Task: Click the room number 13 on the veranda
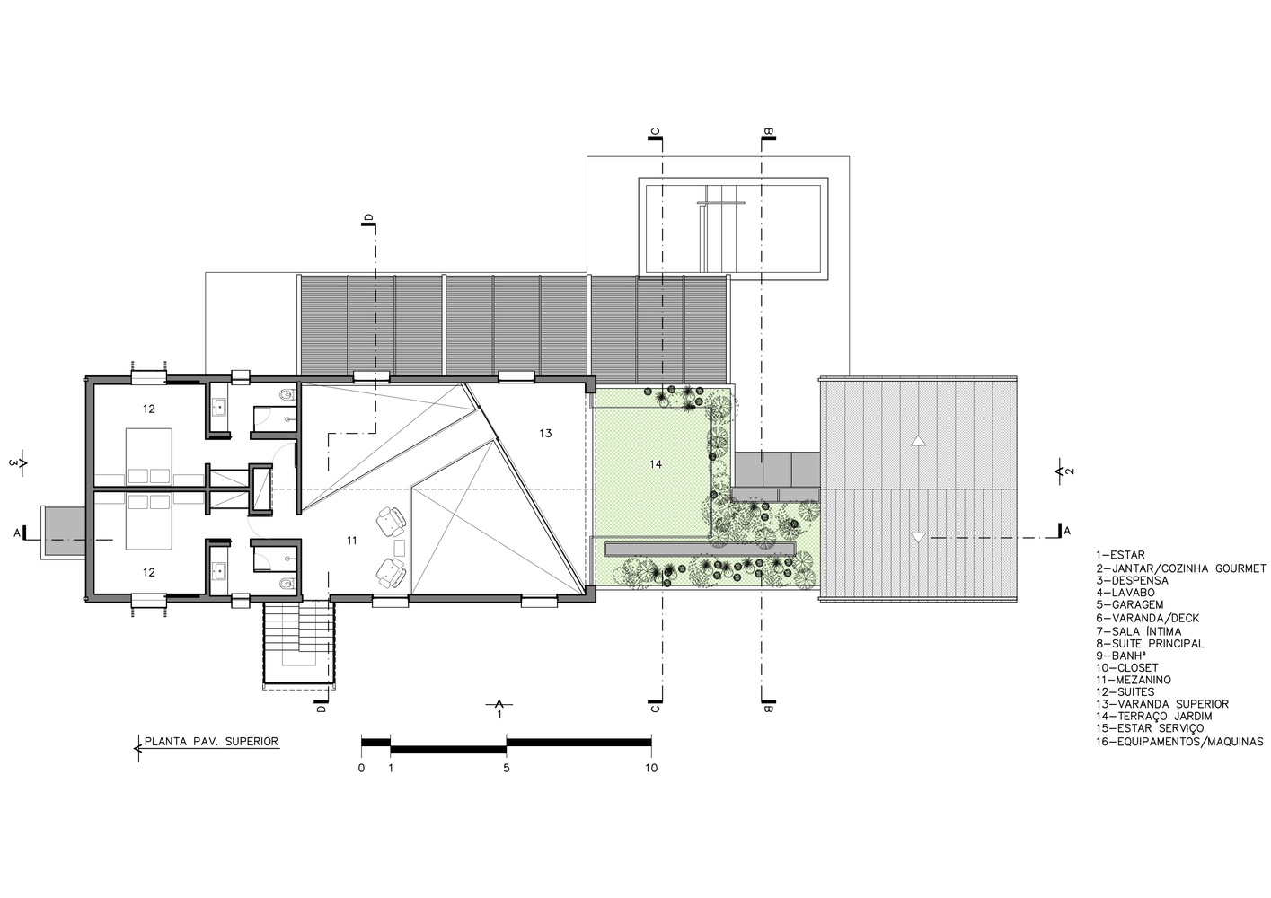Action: click(544, 434)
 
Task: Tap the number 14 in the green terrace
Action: click(656, 464)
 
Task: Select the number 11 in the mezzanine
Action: click(352, 541)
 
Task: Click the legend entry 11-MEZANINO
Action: click(1133, 680)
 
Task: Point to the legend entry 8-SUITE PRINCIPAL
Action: click(1150, 644)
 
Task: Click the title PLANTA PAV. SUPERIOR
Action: click(211, 741)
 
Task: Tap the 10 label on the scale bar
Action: click(651, 768)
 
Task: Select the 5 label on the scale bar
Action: click(506, 768)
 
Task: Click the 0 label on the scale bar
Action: click(361, 768)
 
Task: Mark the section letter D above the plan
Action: click(368, 217)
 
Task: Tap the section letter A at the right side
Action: click(1067, 531)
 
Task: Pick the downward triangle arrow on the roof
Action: click(917, 538)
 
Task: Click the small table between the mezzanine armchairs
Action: click(400, 548)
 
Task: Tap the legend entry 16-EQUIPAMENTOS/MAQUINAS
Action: click(1179, 742)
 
